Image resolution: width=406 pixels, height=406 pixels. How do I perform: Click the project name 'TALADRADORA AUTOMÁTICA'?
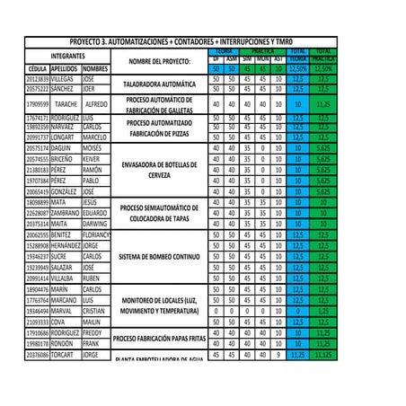click(159, 84)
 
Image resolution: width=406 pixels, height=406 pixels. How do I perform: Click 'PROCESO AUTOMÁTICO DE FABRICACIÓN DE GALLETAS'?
click(159, 104)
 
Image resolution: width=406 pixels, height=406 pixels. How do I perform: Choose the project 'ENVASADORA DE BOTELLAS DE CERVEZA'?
click(159, 169)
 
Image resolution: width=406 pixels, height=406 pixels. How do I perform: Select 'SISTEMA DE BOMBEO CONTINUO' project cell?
click(159, 256)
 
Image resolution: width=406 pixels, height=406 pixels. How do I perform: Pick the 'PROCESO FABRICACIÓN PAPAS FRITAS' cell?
click(159, 338)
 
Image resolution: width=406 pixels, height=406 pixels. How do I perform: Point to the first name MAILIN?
click(92, 322)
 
